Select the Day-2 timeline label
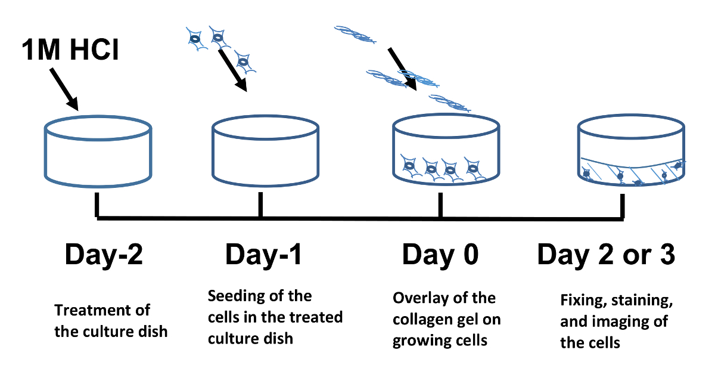click(103, 255)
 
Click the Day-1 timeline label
click(263, 255)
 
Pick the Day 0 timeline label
click(440, 255)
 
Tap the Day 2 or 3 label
click(607, 255)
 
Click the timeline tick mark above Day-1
click(260, 206)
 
